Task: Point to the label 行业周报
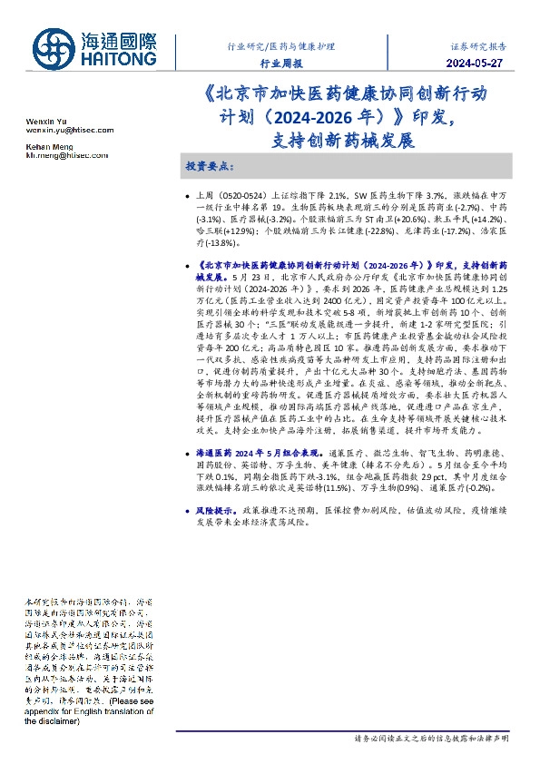click(280, 64)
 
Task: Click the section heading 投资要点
click(210, 168)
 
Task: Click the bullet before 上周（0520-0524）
click(186, 195)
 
